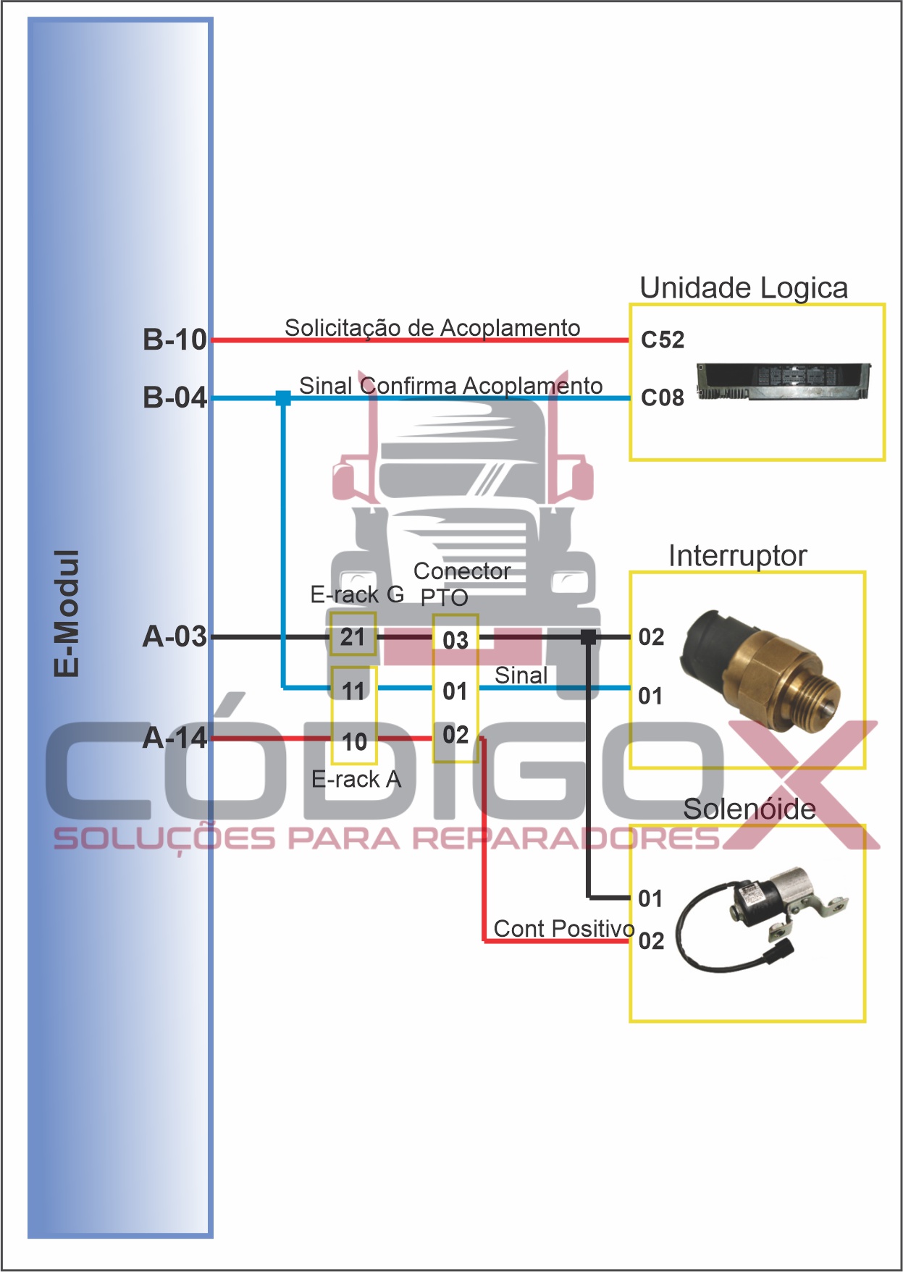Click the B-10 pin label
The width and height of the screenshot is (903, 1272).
tap(175, 340)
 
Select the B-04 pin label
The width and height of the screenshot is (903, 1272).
tap(175, 397)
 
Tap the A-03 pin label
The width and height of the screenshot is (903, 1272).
tap(175, 636)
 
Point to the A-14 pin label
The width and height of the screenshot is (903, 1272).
tap(175, 738)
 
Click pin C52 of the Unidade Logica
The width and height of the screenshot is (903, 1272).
tap(662, 340)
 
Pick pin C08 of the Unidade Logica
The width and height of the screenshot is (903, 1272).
tap(662, 397)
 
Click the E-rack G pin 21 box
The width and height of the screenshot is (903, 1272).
tap(353, 635)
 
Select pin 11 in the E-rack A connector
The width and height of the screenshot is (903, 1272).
tap(353, 691)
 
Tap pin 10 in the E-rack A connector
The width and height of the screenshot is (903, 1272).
tap(354, 741)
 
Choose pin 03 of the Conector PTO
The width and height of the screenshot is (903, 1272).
tap(455, 640)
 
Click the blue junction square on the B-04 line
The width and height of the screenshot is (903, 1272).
tap(283, 397)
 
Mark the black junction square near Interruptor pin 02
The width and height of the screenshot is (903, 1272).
tap(588, 637)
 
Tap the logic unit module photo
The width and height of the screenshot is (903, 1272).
tap(784, 381)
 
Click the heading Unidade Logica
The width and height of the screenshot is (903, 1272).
tap(743, 288)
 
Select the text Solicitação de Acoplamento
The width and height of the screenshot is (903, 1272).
tap(432, 328)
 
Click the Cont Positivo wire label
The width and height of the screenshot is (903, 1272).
tap(563, 928)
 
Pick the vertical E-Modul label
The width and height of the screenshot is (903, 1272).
tap(67, 612)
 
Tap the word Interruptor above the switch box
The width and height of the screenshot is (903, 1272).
tap(737, 556)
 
